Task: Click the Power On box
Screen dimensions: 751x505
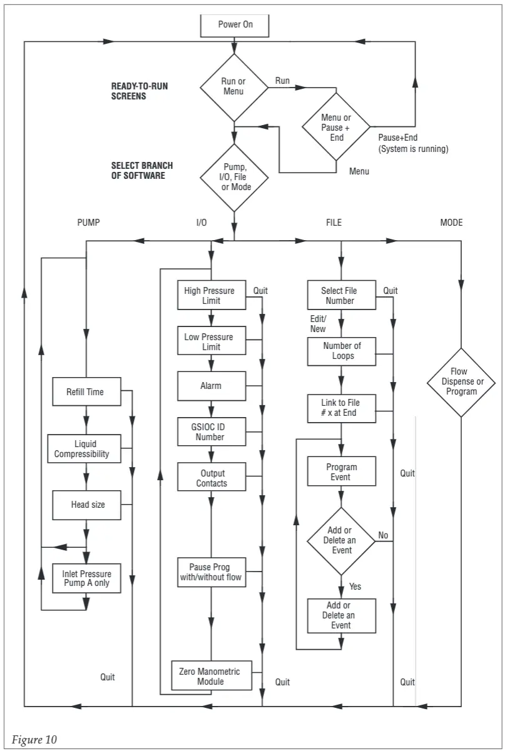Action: pyautogui.click(x=235, y=25)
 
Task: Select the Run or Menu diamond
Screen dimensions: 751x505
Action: pyautogui.click(x=234, y=86)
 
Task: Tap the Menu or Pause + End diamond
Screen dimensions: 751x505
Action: pyautogui.click(x=337, y=128)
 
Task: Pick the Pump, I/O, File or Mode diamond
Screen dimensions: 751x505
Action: pyautogui.click(x=234, y=178)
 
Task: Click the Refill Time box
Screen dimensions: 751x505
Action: pyautogui.click(x=85, y=392)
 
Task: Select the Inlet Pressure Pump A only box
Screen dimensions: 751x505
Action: pyautogui.click(x=86, y=578)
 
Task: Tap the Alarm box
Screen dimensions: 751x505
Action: pyautogui.click(x=210, y=386)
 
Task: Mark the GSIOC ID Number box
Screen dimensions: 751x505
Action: pyautogui.click(x=210, y=432)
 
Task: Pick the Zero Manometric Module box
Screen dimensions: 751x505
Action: pyautogui.click(x=210, y=676)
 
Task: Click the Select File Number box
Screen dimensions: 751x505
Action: pyautogui.click(x=341, y=295)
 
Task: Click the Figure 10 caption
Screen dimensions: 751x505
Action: pyautogui.click(x=34, y=740)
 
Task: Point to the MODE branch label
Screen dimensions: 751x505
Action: pyautogui.click(x=451, y=223)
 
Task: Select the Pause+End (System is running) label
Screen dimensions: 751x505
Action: pyautogui.click(x=413, y=143)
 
